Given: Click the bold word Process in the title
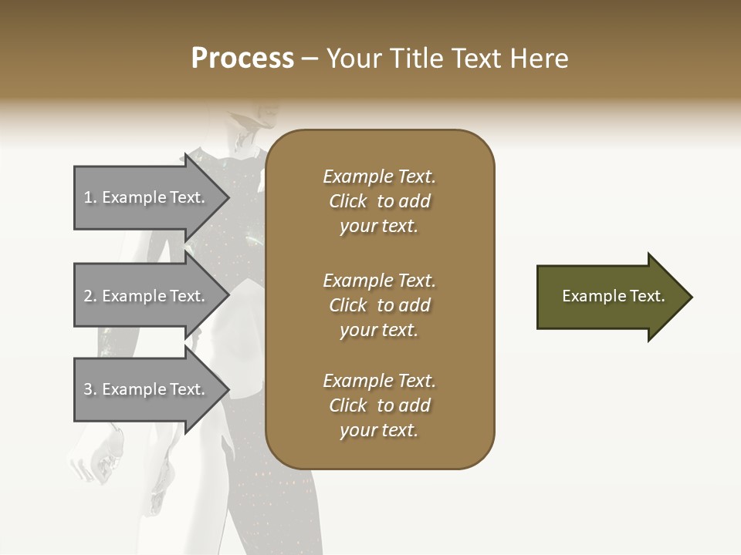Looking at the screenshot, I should (242, 59).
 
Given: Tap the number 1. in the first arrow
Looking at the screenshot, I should (90, 197).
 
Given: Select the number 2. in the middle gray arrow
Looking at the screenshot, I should (90, 296).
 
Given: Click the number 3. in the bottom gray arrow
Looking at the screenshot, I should (90, 389).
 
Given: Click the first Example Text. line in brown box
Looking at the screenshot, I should (379, 177).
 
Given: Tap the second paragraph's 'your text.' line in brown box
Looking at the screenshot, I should (379, 330).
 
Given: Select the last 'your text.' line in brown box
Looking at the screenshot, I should (379, 431).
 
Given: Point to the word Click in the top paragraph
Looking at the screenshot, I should (348, 201).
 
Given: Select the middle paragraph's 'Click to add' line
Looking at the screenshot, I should (379, 305).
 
